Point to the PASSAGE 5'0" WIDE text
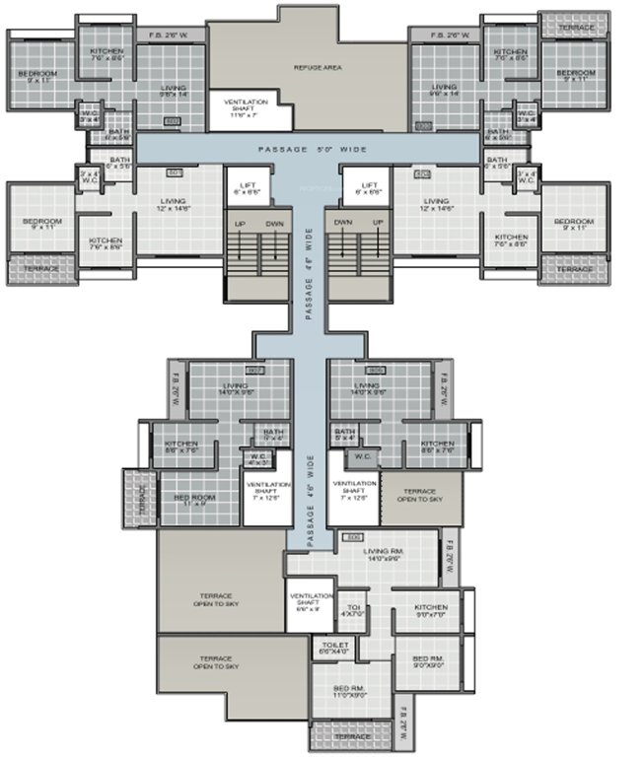point(313,149)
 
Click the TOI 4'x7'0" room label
point(351,610)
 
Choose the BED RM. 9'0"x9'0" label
point(427,661)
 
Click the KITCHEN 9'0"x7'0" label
point(431,610)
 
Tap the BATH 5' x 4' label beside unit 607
point(271,435)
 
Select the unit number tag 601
point(176,173)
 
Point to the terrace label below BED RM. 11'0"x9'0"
point(351,736)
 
